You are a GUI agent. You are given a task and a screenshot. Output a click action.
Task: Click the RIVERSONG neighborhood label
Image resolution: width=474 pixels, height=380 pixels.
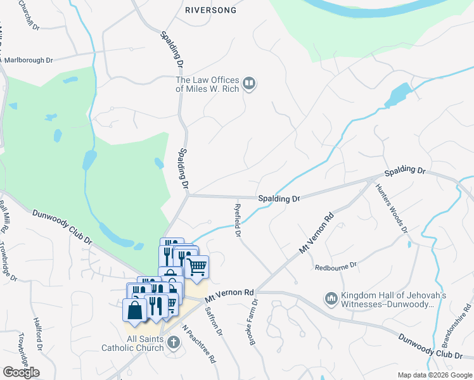(x=210, y=10)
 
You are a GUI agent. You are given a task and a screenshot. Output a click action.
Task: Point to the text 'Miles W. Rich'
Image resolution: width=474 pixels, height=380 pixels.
(x=207, y=89)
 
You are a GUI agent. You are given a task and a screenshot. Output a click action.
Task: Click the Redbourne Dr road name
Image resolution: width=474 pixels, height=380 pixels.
(x=336, y=266)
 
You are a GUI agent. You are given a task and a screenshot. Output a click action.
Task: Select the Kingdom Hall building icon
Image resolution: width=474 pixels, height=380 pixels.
(x=331, y=298)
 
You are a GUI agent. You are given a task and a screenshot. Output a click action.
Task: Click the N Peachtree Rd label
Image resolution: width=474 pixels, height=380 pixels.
(x=199, y=345)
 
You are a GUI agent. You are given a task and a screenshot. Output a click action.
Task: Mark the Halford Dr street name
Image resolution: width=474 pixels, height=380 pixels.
(x=39, y=334)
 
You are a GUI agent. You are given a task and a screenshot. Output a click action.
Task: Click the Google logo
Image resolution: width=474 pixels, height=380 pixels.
(x=21, y=372)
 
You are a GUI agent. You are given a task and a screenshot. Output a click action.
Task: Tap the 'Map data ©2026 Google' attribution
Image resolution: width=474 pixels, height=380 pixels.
(x=433, y=375)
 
